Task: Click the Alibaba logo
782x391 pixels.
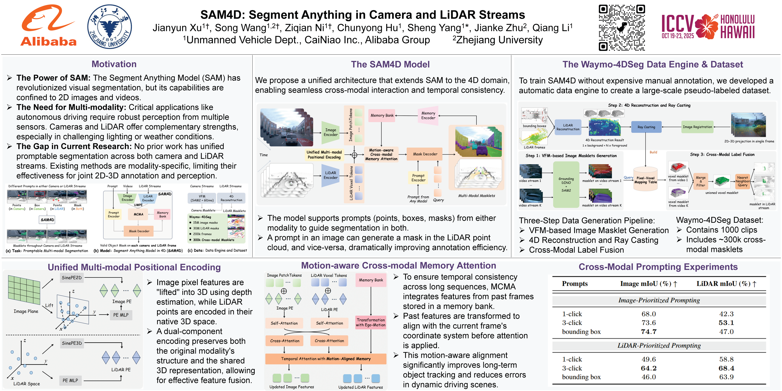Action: [49, 26]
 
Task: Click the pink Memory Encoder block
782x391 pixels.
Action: [428, 116]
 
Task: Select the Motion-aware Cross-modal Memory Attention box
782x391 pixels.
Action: [381, 155]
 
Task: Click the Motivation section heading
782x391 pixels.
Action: [114, 64]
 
